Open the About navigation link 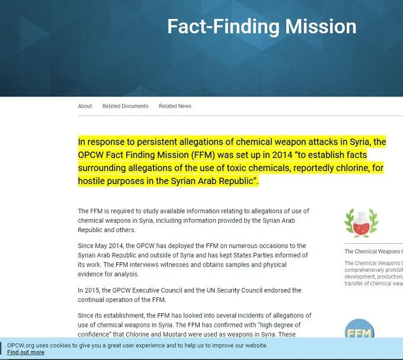click(x=85, y=106)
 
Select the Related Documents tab click(x=125, y=106)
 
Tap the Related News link click(x=175, y=106)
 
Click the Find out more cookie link click(x=25, y=352)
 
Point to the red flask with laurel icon click(x=362, y=223)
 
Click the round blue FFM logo click(x=359, y=330)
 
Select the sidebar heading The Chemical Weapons click(x=373, y=252)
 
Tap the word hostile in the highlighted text click(x=93, y=181)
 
